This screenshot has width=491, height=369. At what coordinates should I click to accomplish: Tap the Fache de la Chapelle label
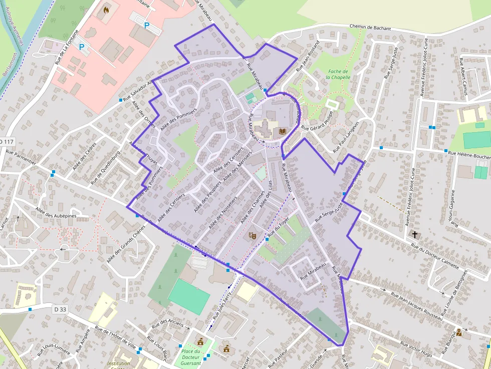point(337,75)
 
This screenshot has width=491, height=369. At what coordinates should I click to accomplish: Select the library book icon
point(282,132)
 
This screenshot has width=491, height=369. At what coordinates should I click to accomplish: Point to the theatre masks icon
point(253,234)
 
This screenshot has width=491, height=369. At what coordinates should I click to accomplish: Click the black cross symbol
point(414,234)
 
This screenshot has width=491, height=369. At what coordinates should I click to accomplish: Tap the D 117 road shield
point(7,142)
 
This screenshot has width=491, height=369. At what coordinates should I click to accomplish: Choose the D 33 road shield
point(60,309)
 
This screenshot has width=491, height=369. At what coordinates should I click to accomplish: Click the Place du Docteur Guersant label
point(190,357)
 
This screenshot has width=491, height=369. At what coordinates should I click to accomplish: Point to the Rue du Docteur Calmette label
point(434,256)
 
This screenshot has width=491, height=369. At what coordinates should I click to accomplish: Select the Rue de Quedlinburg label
point(105,167)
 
